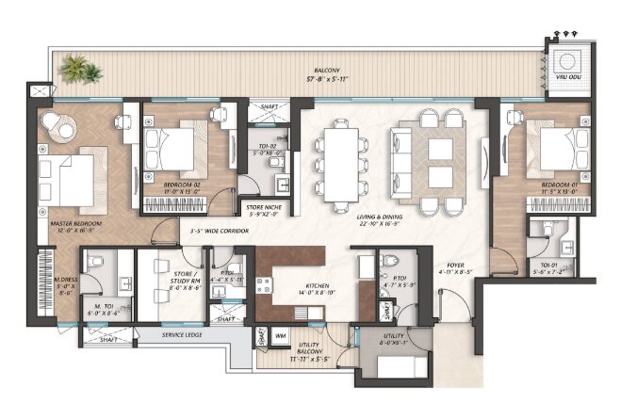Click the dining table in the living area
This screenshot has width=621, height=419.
pyautogui.click(x=342, y=162)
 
